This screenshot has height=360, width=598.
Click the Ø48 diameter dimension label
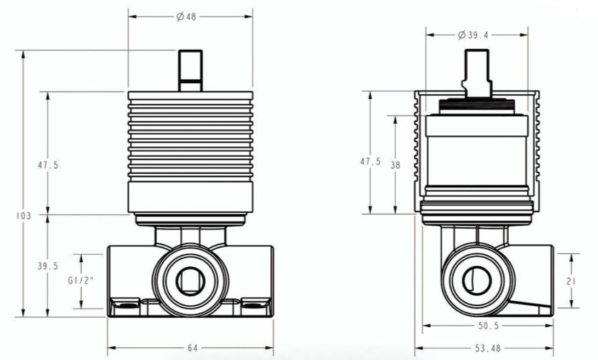[x=186, y=17]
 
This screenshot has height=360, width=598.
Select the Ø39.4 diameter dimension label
[x=473, y=35]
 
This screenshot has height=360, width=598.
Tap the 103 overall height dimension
[x=23, y=216]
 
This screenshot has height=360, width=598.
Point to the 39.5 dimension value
[x=48, y=266]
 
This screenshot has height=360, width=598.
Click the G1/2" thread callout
[x=81, y=281]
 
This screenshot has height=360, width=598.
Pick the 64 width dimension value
[x=192, y=348]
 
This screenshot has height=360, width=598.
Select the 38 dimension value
[x=396, y=165]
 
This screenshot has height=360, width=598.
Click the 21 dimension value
[x=571, y=282]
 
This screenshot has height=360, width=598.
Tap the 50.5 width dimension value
[x=488, y=326]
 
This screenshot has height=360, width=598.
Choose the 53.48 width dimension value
[x=488, y=348]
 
